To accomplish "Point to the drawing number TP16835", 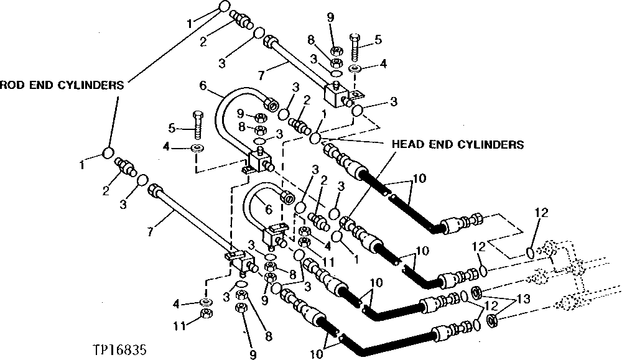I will (x=118, y=350).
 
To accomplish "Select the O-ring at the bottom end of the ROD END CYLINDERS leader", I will (x=108, y=153).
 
